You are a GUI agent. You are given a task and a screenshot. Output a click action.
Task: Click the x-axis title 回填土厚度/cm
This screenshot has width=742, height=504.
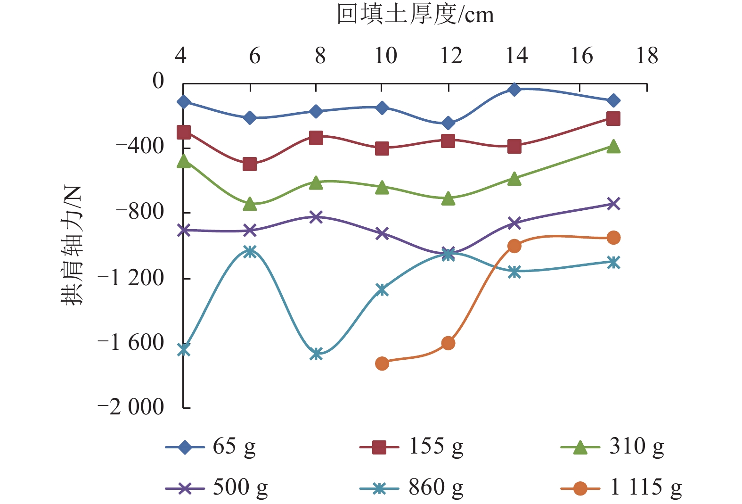pyautogui.click(x=415, y=15)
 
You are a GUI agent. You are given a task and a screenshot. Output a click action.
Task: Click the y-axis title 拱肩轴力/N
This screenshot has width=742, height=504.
pyautogui.click(x=72, y=245)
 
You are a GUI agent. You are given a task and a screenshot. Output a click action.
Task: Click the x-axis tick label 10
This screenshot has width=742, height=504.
pyautogui.click(x=385, y=56)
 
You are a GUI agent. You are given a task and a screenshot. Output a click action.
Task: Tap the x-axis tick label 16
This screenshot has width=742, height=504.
pyautogui.click(x=581, y=56)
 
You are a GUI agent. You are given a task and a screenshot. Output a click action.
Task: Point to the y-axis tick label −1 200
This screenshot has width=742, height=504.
pyautogui.click(x=131, y=278)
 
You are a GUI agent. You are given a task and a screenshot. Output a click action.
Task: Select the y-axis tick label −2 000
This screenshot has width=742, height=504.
pyautogui.click(x=131, y=406)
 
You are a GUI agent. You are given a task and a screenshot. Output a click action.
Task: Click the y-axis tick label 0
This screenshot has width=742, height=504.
pyautogui.click(x=158, y=81)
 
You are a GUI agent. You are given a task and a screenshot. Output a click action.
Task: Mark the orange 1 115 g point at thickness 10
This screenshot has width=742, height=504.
pyautogui.click(x=382, y=363)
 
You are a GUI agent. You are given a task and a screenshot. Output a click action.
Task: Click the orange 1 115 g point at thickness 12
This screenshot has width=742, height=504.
pyautogui.click(x=448, y=343)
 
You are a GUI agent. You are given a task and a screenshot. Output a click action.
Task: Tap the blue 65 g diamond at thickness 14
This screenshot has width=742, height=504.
pyautogui.click(x=514, y=89)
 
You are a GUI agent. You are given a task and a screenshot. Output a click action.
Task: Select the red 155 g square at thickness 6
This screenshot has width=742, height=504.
pyautogui.click(x=250, y=164)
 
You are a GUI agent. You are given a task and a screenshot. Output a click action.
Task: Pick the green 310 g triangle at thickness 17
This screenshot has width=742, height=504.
pyautogui.click(x=613, y=147)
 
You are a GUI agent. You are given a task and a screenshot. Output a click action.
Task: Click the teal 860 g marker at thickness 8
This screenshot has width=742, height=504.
pyautogui.click(x=316, y=353)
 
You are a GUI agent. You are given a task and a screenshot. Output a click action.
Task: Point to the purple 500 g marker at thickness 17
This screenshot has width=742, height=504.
pyautogui.click(x=613, y=204)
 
